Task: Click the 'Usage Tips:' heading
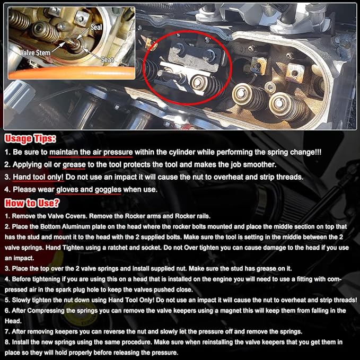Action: [x=30, y=139]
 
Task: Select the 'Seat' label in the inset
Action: [x=108, y=60]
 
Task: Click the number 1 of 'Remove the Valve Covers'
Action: [x=6, y=217]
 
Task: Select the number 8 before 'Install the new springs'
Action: [x=6, y=342]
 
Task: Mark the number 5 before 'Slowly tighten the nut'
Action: [x=6, y=301]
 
